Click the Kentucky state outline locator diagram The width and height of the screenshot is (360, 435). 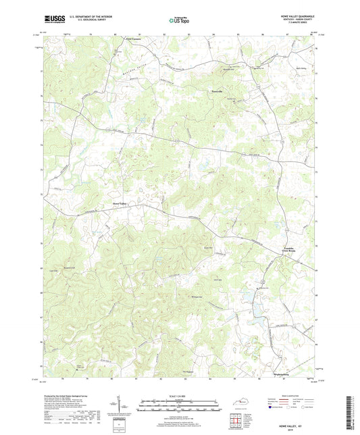tap(238, 404)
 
